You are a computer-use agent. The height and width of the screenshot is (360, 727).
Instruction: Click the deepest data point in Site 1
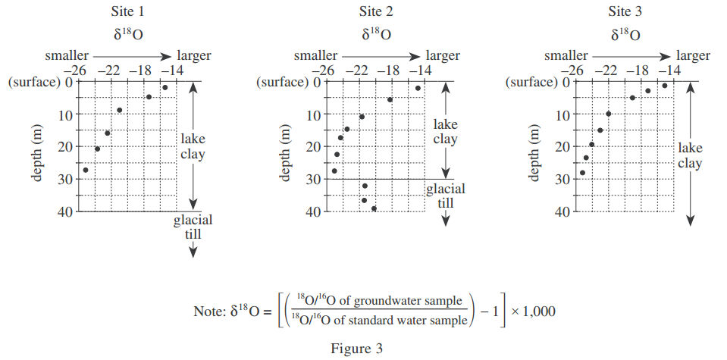pyautogui.click(x=85, y=170)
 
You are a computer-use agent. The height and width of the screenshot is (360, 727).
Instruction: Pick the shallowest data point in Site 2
pyautogui.click(x=418, y=89)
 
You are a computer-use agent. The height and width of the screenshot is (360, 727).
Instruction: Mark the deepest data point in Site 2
pyautogui.click(x=374, y=208)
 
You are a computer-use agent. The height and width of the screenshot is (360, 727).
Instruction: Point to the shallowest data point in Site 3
pyautogui.click(x=665, y=86)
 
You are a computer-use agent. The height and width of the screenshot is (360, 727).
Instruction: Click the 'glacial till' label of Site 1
pyautogui.click(x=193, y=227)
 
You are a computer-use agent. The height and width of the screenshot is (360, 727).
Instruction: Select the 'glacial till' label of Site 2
pyautogui.click(x=445, y=196)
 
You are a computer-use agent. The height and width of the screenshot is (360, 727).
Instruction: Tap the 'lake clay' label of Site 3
pyautogui.click(x=690, y=155)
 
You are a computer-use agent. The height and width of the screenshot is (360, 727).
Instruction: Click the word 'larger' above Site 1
pyautogui.click(x=193, y=55)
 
